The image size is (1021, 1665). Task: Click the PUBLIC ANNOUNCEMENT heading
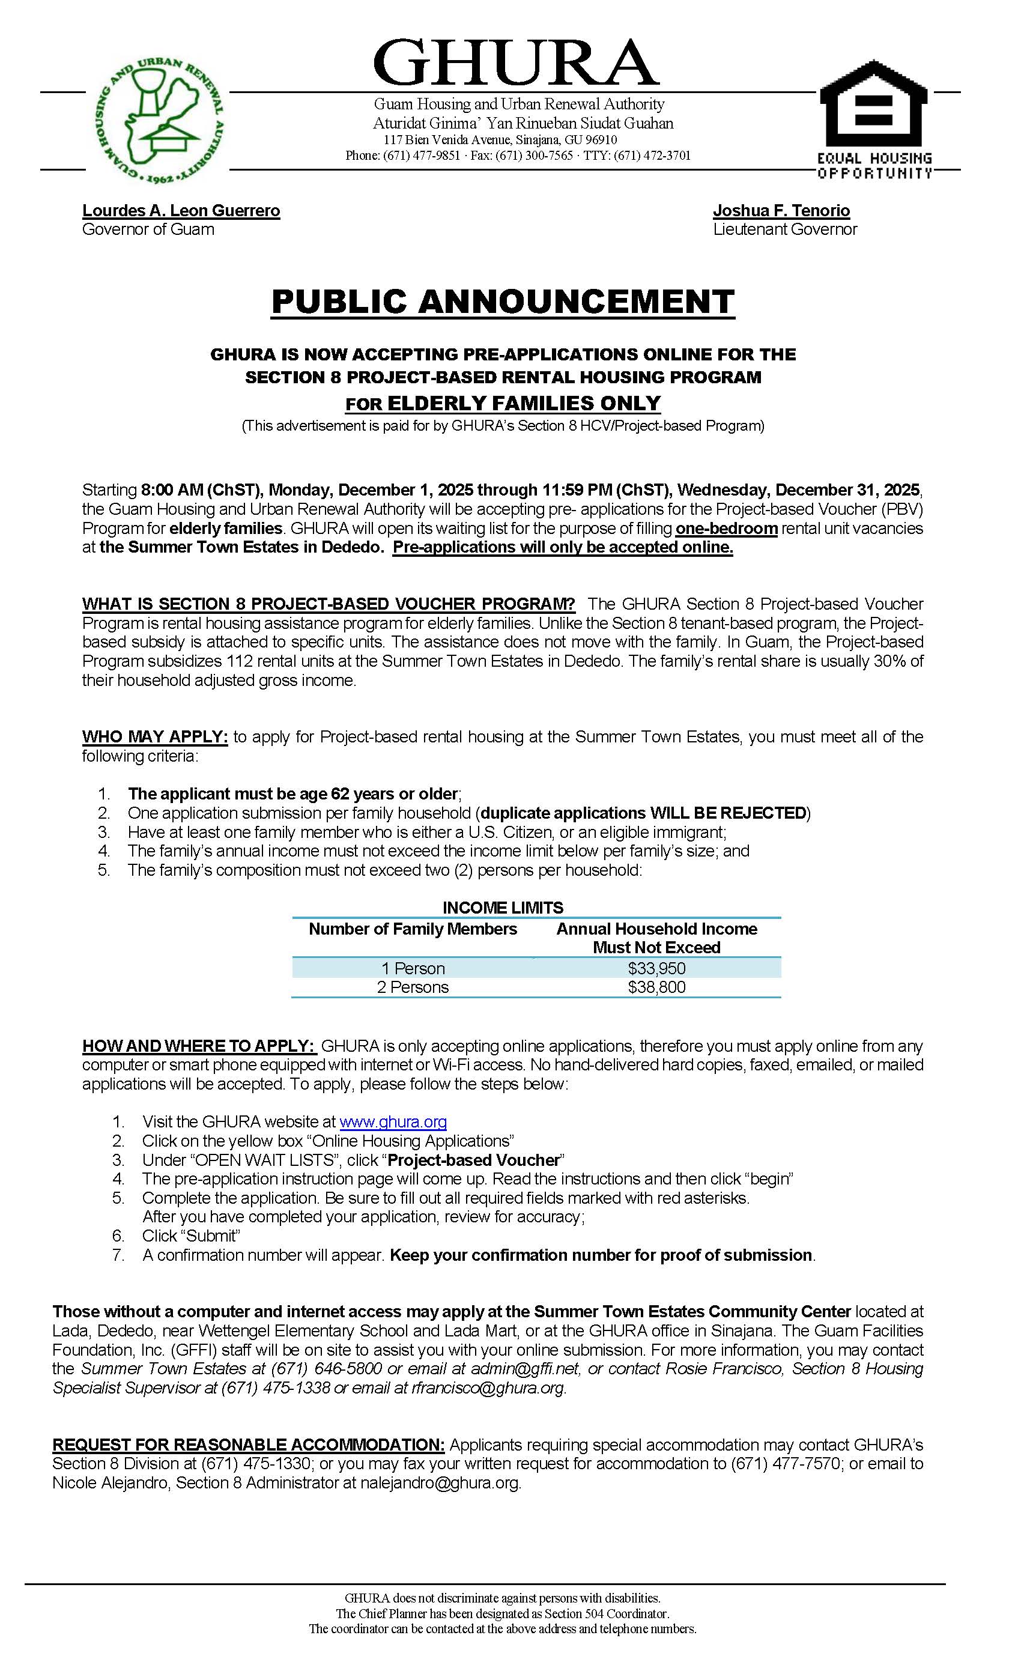(x=503, y=302)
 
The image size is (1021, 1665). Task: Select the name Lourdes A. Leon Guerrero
(x=181, y=211)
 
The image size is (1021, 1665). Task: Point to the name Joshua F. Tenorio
(x=781, y=211)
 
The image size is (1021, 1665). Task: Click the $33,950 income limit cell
(x=656, y=968)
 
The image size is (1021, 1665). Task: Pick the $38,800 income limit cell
(x=656, y=987)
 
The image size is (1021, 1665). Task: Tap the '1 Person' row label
(x=413, y=968)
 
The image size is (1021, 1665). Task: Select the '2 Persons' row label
(x=413, y=987)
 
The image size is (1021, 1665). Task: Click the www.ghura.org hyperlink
(x=393, y=1123)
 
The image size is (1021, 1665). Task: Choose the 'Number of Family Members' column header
(x=413, y=929)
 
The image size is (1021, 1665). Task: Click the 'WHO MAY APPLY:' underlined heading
(x=155, y=736)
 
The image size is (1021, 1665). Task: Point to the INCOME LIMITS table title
(x=503, y=908)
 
